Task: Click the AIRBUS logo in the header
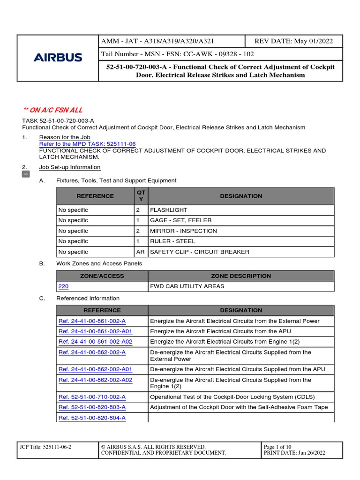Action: point(58,58)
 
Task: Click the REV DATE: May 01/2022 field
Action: point(293,41)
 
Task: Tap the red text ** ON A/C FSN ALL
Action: point(53,110)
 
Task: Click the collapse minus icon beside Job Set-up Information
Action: point(26,174)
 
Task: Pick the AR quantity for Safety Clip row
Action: point(140,252)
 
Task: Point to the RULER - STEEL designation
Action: point(172,241)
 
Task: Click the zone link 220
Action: point(63,286)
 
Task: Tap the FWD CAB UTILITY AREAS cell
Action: point(187,286)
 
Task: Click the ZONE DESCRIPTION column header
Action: point(241,276)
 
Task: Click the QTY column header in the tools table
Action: point(141,196)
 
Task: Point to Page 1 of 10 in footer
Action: point(277,447)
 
